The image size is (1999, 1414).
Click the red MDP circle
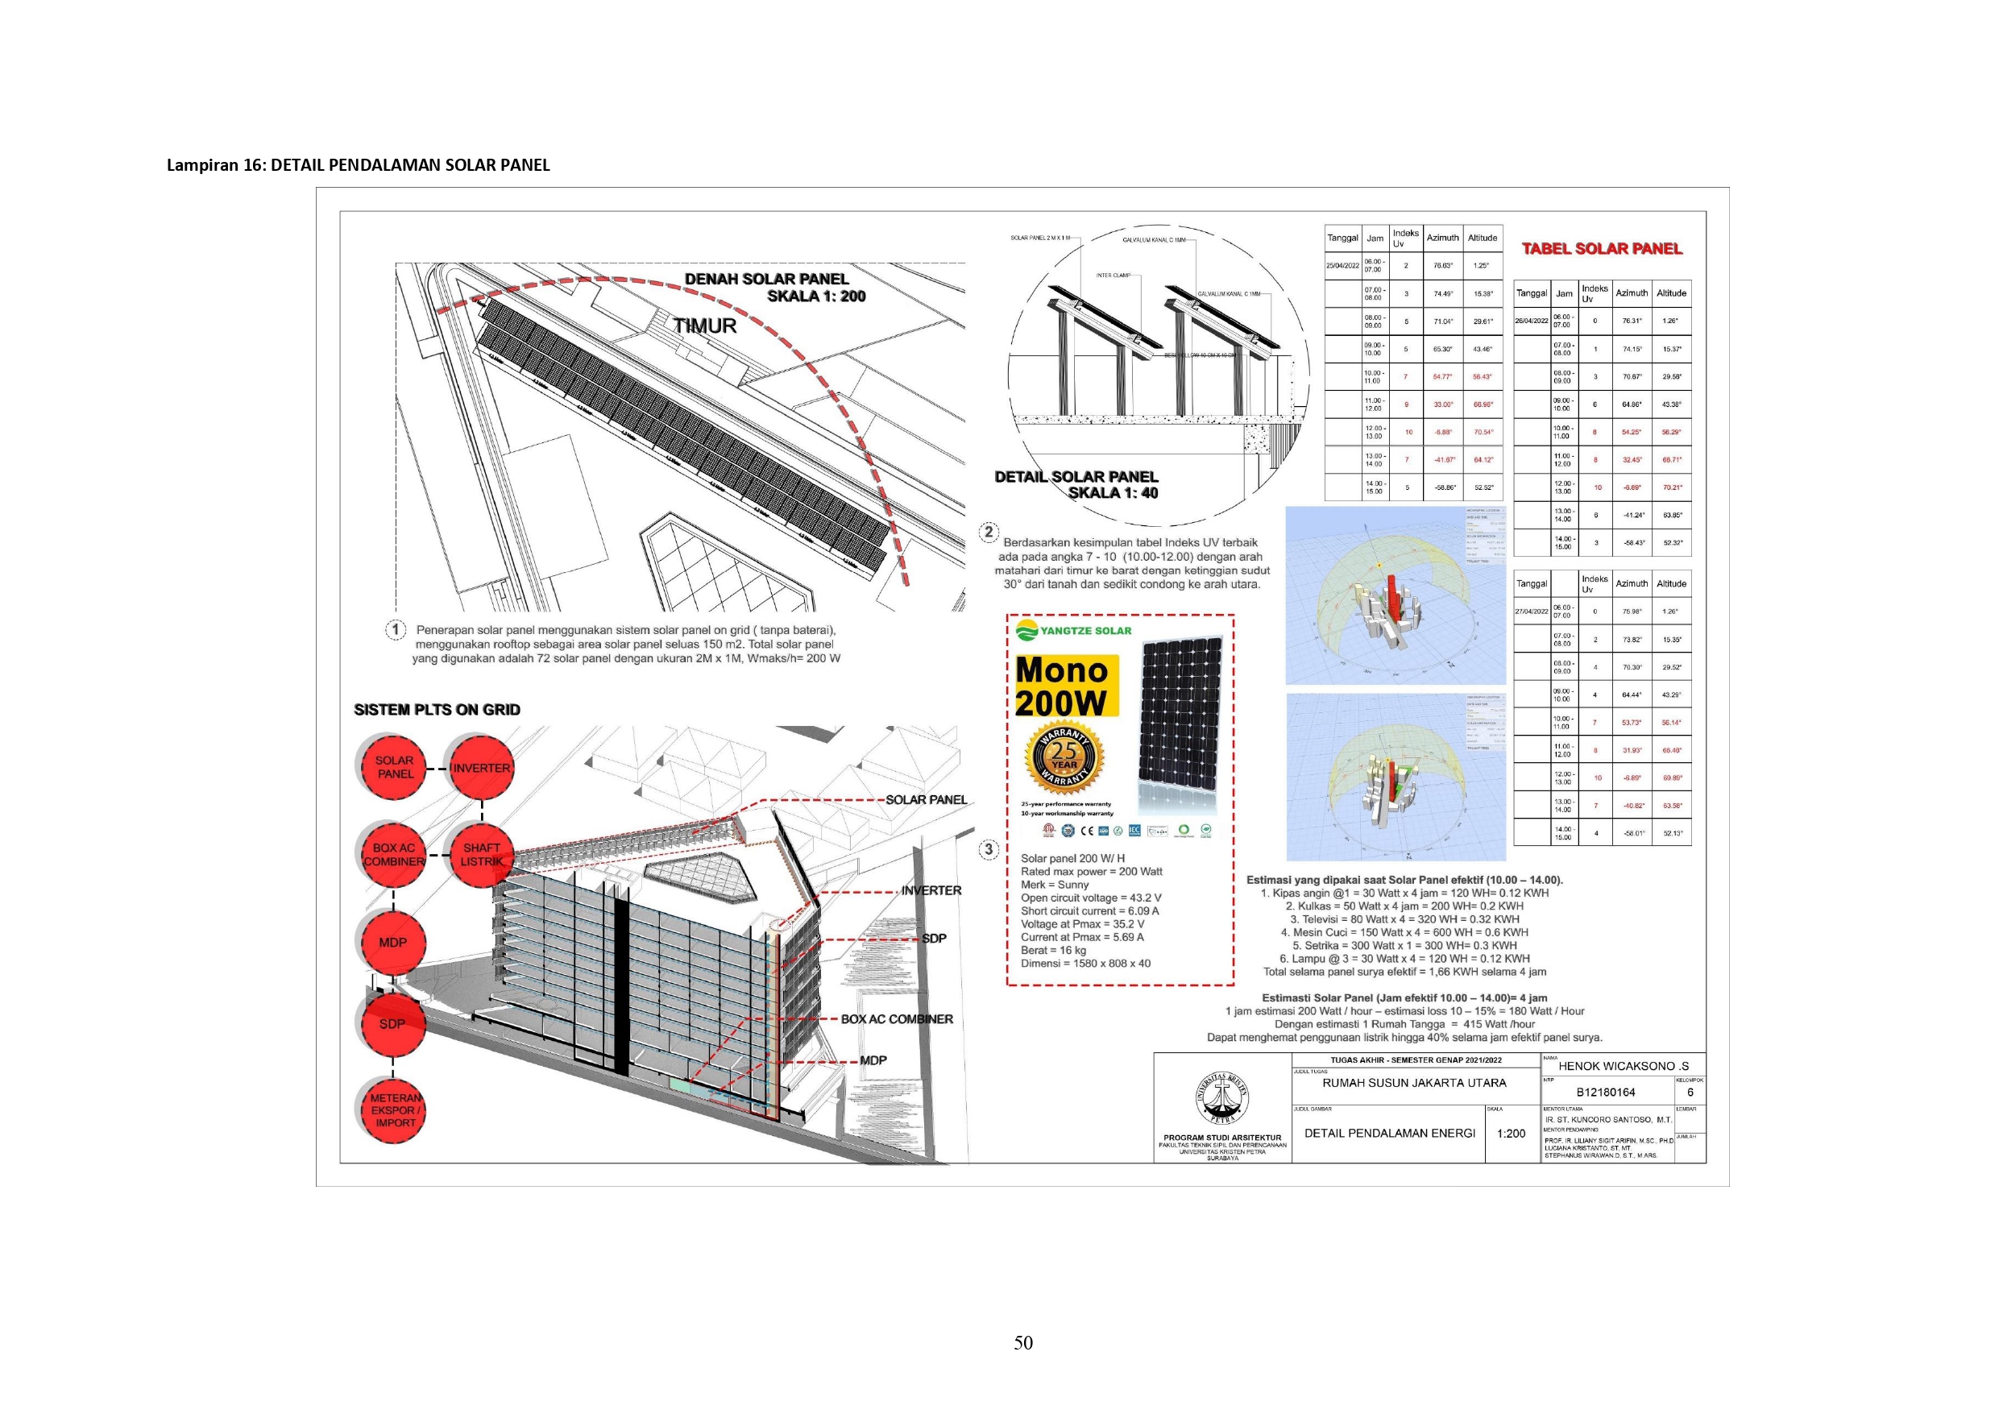click(392, 942)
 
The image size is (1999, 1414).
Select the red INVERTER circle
click(480, 768)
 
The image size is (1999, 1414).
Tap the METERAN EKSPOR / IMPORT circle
click(395, 1110)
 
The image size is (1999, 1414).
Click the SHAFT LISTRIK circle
click(480, 854)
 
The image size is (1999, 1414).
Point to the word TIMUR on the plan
click(704, 326)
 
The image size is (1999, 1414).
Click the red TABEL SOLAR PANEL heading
click(1601, 249)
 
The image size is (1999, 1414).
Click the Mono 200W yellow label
click(1062, 686)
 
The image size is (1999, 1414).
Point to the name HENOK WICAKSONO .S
click(1623, 1066)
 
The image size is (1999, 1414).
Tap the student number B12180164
click(1606, 1092)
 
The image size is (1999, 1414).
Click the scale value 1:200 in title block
click(1511, 1133)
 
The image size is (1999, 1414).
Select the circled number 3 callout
click(988, 850)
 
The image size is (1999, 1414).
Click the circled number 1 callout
click(396, 629)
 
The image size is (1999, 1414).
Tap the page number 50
click(1023, 1342)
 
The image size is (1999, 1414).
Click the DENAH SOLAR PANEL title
click(766, 280)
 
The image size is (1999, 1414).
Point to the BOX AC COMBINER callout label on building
click(896, 1018)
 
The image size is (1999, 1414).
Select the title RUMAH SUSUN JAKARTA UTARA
click(1414, 1083)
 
